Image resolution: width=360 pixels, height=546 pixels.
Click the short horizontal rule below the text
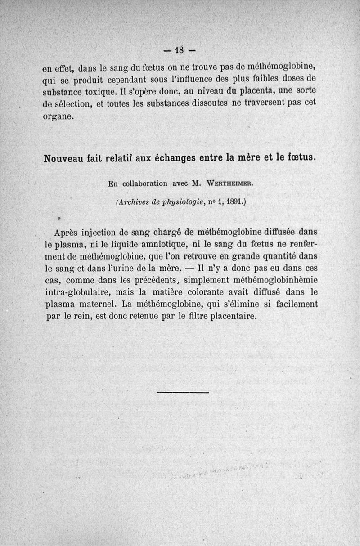pyautogui.click(x=183, y=393)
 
